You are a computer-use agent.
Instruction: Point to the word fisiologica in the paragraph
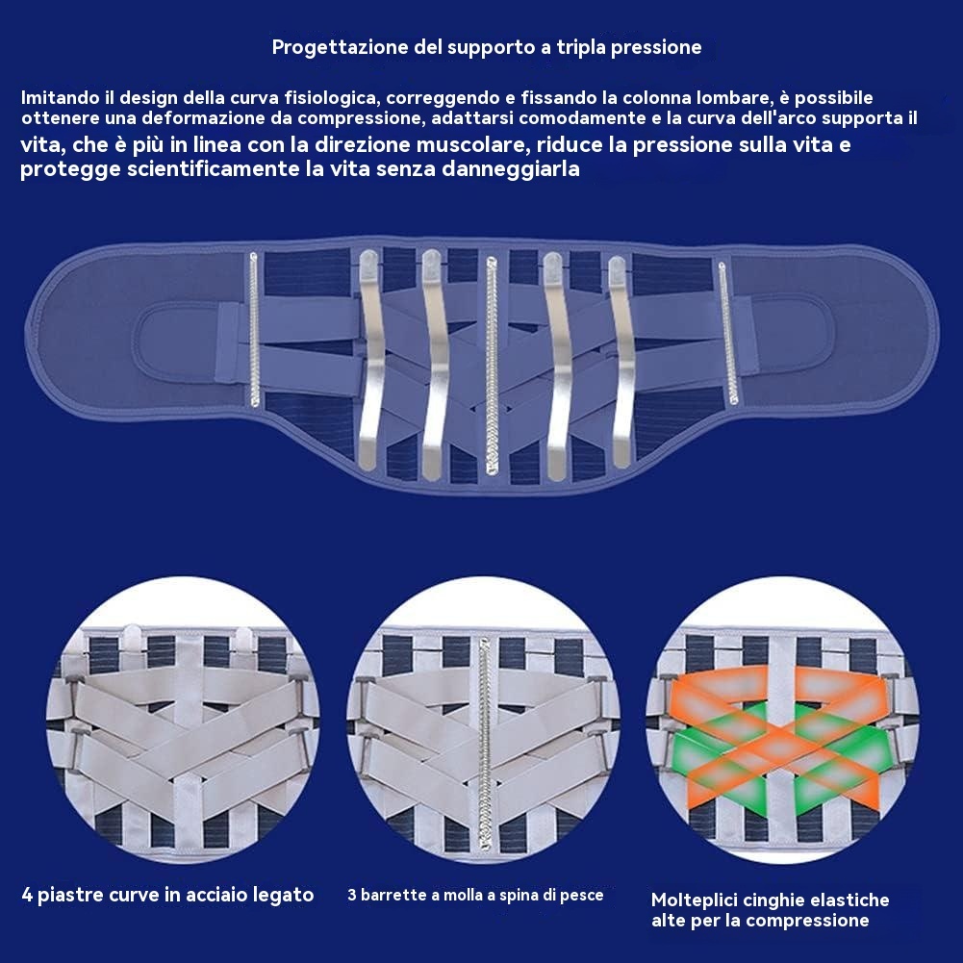tap(328, 99)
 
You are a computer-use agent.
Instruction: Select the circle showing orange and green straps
tap(781, 731)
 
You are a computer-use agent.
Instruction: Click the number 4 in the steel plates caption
tap(27, 895)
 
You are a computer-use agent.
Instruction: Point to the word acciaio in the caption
tap(223, 895)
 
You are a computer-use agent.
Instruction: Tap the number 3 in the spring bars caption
tap(352, 895)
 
